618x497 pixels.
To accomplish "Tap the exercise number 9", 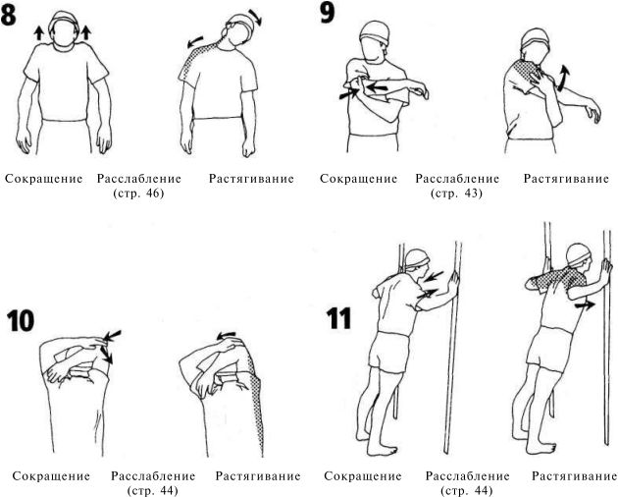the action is pos(327,13).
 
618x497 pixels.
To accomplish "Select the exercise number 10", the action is pos(21,320).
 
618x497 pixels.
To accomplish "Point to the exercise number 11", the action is pos(338,318).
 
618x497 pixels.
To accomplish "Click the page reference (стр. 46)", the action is pos(138,193).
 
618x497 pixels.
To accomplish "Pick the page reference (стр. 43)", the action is pos(456,193).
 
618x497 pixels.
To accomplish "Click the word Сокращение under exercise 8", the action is pos(44,179).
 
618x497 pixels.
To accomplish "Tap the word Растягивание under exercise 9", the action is pos(566,179).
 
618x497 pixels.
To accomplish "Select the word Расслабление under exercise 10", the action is pos(153,476).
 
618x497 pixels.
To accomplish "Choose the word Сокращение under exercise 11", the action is pos(363,476).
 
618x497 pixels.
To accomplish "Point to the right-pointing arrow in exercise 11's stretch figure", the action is pos(585,305).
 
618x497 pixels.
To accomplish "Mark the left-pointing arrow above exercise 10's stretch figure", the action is pos(226,336).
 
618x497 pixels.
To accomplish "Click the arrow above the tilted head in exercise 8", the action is pos(255,17).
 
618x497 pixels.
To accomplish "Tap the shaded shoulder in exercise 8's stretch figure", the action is pos(197,58).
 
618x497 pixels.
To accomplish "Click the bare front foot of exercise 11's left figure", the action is pos(382,451).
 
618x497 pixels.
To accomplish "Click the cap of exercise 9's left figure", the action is pos(373,30).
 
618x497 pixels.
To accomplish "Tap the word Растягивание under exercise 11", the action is pos(575,476).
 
